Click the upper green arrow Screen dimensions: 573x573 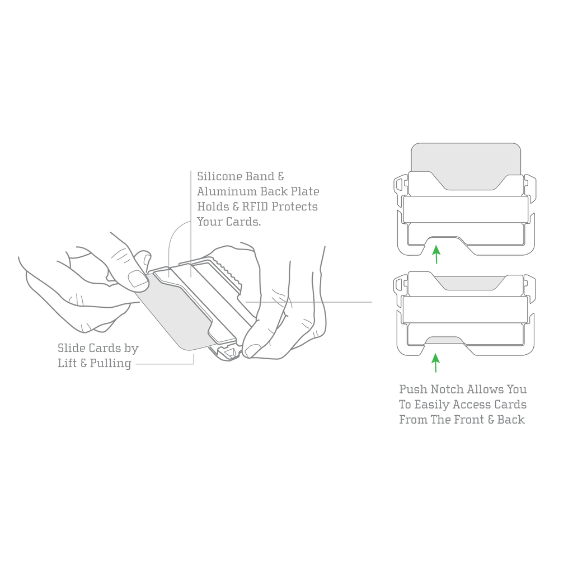coord(436,255)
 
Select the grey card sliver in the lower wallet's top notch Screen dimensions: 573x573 coord(467,283)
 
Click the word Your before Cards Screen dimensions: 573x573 coord(209,222)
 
